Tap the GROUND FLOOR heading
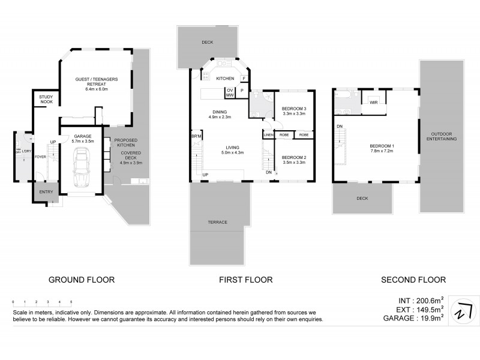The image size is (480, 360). (82, 280)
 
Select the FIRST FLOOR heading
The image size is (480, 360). (245, 280)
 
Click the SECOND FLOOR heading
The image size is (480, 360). (413, 280)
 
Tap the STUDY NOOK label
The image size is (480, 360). (46, 99)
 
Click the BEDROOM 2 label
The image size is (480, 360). (294, 158)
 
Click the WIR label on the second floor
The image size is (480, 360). (374, 103)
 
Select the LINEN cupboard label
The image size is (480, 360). (269, 135)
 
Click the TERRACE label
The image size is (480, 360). (217, 222)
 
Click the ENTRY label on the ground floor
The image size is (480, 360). (46, 192)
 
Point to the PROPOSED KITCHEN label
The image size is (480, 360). (126, 142)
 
